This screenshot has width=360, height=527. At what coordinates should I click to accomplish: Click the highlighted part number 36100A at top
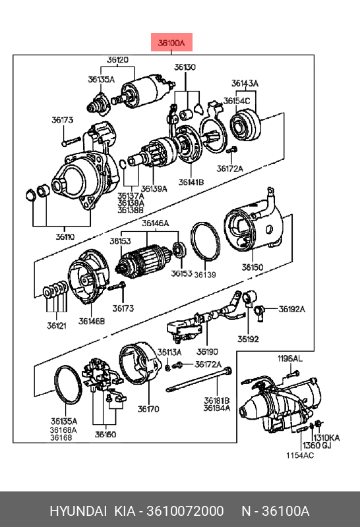coord(171,43)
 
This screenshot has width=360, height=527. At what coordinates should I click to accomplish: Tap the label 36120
coord(117,60)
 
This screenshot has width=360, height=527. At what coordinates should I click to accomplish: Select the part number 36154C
coord(237,101)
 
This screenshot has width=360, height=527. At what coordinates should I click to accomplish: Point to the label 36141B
coord(191,182)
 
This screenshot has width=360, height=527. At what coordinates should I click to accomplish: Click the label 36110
coord(65,237)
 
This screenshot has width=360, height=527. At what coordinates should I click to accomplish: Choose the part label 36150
coord(253,267)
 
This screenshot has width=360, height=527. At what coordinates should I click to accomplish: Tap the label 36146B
coord(92,321)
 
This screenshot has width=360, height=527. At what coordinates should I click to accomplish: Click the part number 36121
coord(57,325)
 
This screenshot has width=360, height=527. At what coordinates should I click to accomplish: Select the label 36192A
coord(291,309)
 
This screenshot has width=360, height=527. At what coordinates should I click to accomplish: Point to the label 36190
coord(207,352)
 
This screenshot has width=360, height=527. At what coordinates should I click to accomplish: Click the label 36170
coord(148,409)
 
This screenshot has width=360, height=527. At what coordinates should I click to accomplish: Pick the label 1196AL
coord(289,358)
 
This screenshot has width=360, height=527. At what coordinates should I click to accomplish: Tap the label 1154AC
coord(300,455)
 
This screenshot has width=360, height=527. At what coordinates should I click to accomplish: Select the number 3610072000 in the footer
coord(185,511)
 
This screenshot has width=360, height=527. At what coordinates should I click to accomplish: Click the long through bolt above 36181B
coord(199,379)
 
